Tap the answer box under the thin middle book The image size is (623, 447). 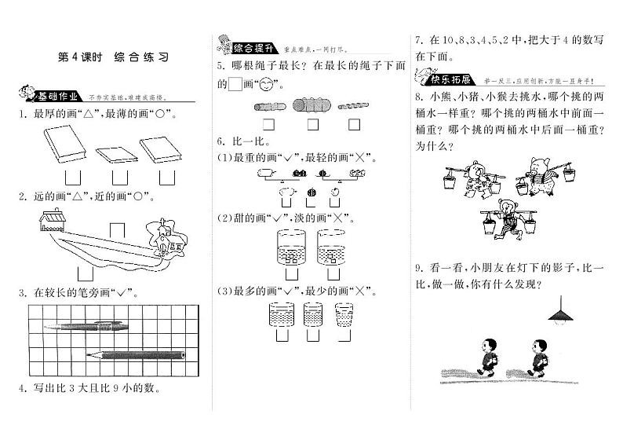(x=119, y=177)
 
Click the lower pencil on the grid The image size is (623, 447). (x=137, y=354)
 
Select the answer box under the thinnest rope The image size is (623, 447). (x=354, y=124)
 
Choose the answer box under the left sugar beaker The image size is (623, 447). (x=292, y=275)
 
